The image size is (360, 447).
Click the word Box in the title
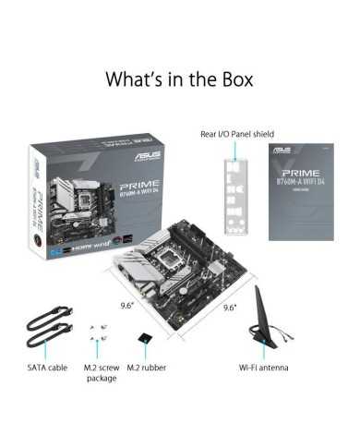pyautogui.click(x=228, y=79)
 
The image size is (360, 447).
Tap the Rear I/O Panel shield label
pyautogui.click(x=236, y=133)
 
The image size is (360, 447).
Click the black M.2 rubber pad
pyautogui.click(x=141, y=339)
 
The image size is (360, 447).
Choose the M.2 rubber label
pyautogui.click(x=146, y=367)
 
